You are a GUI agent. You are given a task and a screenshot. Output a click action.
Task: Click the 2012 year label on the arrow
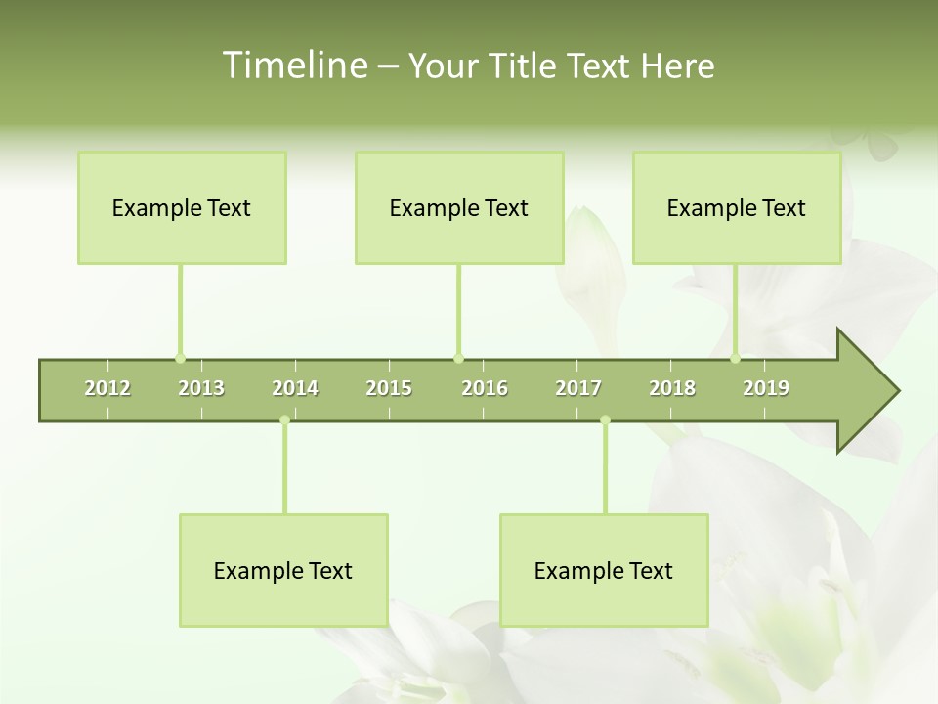pos(107,388)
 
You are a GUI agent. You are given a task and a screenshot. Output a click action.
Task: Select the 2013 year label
pos(201,388)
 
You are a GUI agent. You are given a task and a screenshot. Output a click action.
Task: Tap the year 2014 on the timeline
pos(295,388)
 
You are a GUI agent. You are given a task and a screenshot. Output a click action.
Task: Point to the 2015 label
pos(389,388)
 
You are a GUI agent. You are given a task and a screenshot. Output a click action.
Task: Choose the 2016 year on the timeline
pos(485,388)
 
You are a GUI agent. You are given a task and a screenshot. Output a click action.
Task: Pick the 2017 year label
pos(578,388)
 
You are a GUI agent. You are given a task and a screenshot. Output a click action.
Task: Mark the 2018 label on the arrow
pos(672,388)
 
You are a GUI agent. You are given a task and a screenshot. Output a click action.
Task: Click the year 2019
pos(766,388)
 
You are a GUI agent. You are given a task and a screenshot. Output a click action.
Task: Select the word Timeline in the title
pos(293,66)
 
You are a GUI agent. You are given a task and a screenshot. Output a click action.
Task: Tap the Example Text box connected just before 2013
pos(182,208)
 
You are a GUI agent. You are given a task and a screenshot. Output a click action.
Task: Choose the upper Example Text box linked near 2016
pos(459,208)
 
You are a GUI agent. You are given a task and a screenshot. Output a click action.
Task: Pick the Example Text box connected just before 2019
pos(737,208)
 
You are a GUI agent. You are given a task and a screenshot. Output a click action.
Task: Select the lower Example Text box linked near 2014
pos(283,571)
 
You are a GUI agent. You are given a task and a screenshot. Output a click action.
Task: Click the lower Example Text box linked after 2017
pos(604,571)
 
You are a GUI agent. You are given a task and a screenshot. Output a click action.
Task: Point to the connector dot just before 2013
pos(180,358)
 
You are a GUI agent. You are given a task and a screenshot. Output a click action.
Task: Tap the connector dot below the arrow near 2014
pos(284,420)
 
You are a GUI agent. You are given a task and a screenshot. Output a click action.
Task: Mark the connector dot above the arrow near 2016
pos(458,358)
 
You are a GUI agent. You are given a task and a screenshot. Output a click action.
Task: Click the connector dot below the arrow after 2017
pos(605,420)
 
